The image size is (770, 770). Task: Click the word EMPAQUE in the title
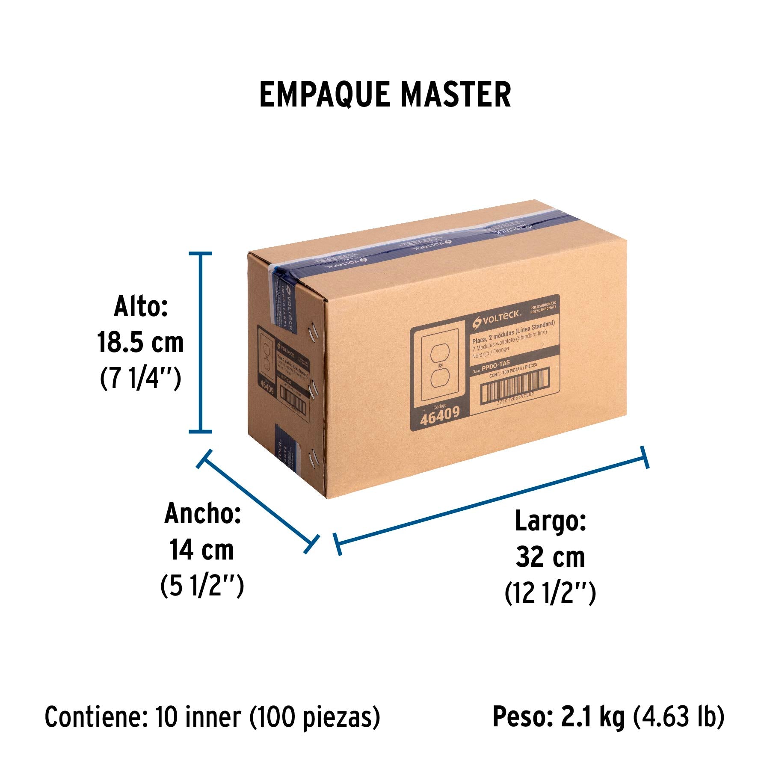tap(324, 95)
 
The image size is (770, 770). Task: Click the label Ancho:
tap(203, 513)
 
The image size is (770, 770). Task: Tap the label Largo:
tap(550, 521)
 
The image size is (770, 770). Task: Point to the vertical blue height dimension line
tap(200, 342)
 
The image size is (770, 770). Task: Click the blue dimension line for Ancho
tap(258, 500)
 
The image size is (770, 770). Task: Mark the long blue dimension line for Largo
tap(492, 500)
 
